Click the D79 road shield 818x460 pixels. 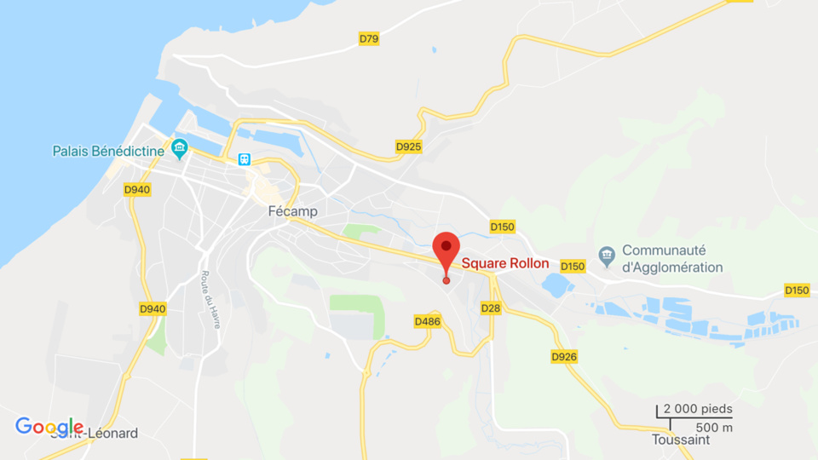pos(368,38)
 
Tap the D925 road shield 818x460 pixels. pos(409,147)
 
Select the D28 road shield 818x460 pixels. pos(490,308)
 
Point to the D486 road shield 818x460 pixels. pos(427,321)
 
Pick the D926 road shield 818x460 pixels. pos(564,356)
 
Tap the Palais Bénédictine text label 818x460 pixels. pos(108,151)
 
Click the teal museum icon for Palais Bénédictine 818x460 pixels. pos(179,149)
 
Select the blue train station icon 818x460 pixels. pos(245,158)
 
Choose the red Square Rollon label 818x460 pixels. pos(505,263)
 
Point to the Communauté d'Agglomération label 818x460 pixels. pos(672,258)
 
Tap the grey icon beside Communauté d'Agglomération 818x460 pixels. pos(607,253)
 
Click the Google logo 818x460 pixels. pos(49,427)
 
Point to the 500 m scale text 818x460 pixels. pos(714,427)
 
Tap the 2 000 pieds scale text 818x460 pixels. pos(698,409)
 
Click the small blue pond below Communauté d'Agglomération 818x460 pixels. pos(557,285)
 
